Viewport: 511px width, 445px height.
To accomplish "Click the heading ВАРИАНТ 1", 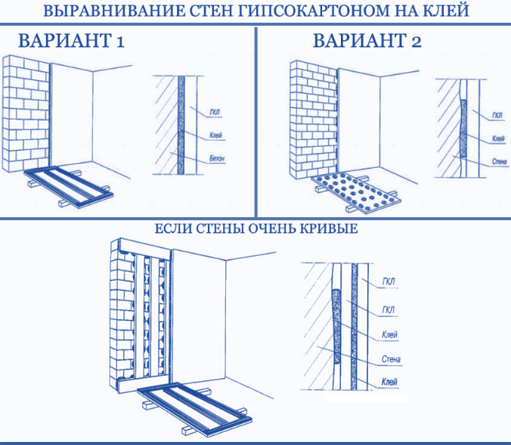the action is (71, 41).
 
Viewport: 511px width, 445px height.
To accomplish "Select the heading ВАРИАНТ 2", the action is (367, 41).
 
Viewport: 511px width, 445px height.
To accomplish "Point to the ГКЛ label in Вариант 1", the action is (215, 113).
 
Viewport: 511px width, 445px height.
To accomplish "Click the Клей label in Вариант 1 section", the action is (215, 135).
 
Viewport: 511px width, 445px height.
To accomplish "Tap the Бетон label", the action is (217, 159).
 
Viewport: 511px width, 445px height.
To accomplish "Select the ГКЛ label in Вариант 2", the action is (497, 116).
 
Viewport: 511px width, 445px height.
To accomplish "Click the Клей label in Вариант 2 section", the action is (498, 139).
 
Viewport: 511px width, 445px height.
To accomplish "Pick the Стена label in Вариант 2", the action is (499, 161).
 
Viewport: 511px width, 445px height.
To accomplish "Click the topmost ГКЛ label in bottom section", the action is (388, 282).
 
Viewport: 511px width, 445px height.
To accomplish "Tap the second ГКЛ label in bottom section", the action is (388, 310).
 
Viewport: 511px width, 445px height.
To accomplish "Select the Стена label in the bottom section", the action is (391, 359).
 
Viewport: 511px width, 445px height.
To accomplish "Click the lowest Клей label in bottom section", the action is (389, 381).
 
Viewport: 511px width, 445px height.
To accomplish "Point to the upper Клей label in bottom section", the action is (389, 335).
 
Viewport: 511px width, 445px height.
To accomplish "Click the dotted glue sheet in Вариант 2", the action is (356, 192).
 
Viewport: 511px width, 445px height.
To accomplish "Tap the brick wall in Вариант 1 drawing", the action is (26, 114).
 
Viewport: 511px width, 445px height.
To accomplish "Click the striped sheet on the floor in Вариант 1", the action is (69, 186).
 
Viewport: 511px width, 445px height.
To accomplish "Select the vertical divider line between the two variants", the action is (255, 122).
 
